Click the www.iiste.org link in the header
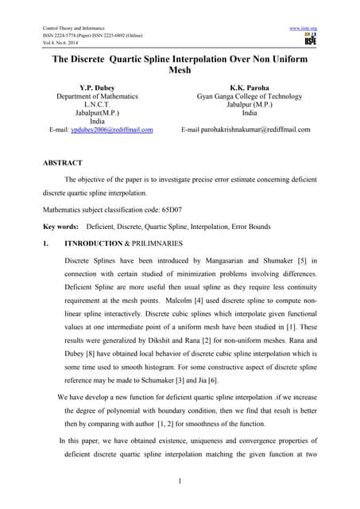tap(304, 29)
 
